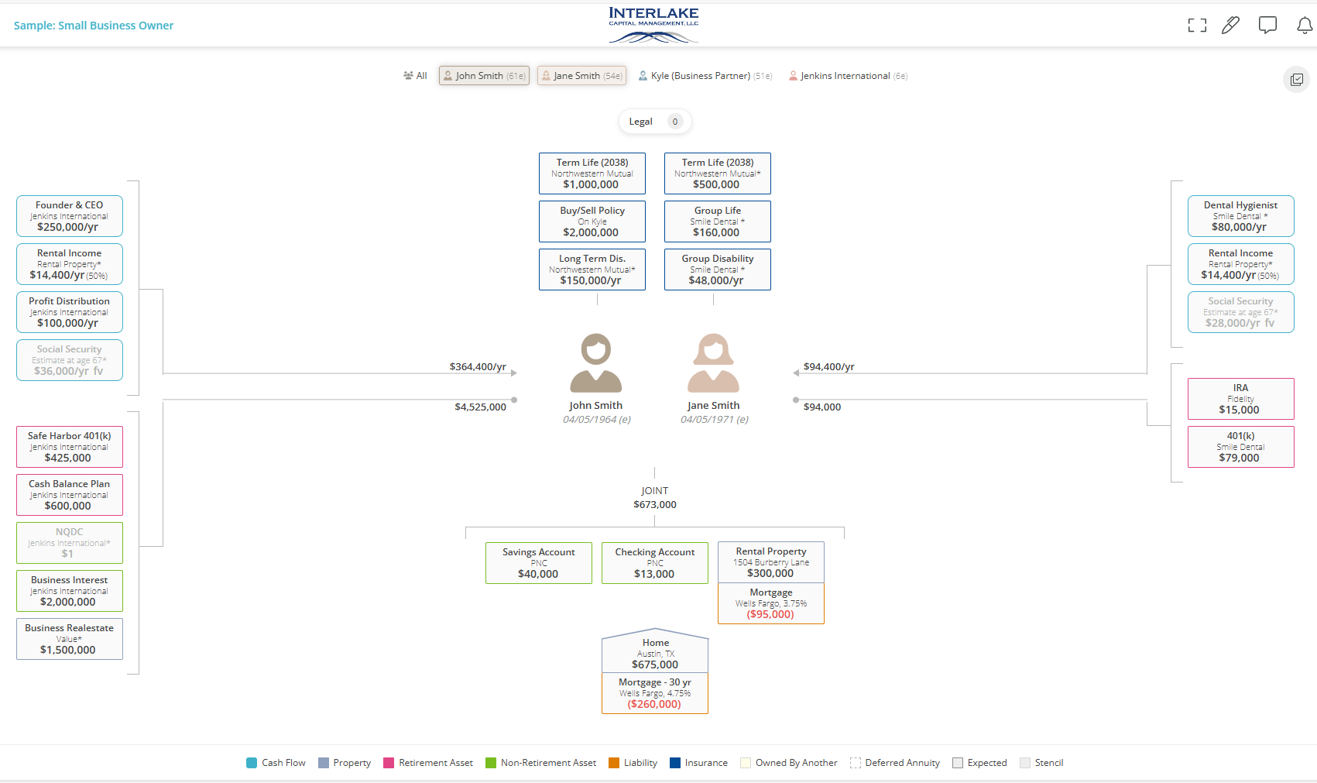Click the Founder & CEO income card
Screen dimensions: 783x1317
click(x=70, y=216)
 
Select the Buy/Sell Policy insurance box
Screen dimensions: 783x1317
click(x=592, y=222)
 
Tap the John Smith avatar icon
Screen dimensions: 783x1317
click(x=596, y=362)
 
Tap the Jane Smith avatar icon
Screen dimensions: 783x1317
click(x=714, y=362)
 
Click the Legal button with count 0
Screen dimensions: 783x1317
click(x=654, y=122)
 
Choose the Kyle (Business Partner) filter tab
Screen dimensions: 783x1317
click(x=705, y=76)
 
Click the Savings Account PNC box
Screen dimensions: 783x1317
click(x=539, y=563)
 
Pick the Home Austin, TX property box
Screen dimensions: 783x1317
click(x=655, y=653)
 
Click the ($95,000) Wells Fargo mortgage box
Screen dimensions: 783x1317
click(x=771, y=604)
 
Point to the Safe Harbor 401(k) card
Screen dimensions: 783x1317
click(x=70, y=447)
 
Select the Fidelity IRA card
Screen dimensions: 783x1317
click(x=1240, y=399)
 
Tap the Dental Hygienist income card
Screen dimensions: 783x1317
click(x=1240, y=216)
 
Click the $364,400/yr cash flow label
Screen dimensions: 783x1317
click(x=478, y=367)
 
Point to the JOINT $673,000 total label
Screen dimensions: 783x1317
click(x=655, y=497)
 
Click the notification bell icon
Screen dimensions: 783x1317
click(x=1305, y=26)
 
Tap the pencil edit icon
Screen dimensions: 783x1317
click(x=1230, y=26)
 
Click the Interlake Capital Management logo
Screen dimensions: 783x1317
click(x=653, y=24)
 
